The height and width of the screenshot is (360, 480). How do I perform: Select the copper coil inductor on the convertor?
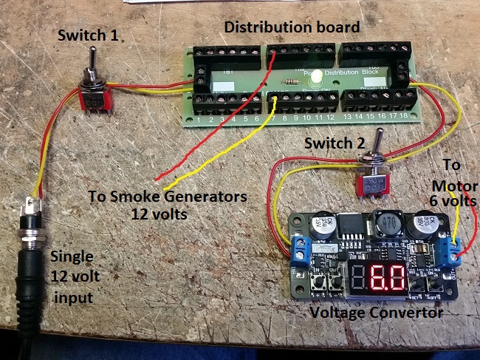(x=387, y=223)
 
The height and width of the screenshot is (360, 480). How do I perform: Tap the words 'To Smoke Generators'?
(x=163, y=197)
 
